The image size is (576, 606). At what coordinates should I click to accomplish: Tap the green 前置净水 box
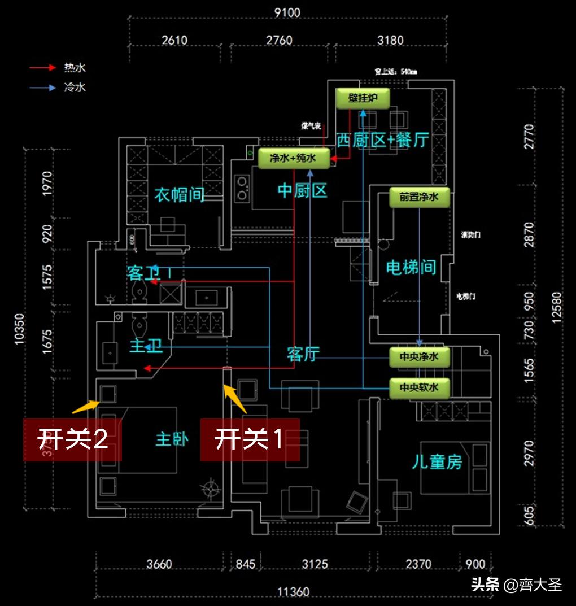[419, 198]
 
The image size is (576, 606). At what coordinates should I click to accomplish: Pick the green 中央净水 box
[419, 357]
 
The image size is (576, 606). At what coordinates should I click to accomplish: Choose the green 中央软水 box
[419, 388]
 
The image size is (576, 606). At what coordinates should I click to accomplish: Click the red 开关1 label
[250, 439]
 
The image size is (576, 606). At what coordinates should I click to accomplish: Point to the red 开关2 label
[72, 439]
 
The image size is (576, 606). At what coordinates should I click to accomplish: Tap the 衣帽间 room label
[180, 195]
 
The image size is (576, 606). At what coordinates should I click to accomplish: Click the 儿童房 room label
[437, 462]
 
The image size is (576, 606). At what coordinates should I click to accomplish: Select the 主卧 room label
[172, 439]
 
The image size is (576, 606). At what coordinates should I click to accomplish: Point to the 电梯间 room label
[411, 267]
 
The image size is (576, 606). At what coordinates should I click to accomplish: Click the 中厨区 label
[303, 191]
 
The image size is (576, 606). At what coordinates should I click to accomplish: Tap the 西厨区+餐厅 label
[382, 140]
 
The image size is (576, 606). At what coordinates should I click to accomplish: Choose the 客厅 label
[303, 355]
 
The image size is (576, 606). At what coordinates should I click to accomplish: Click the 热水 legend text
[75, 68]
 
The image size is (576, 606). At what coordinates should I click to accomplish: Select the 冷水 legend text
[75, 88]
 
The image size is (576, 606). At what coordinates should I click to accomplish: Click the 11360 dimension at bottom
[294, 592]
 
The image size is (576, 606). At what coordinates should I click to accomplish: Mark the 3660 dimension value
[159, 564]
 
